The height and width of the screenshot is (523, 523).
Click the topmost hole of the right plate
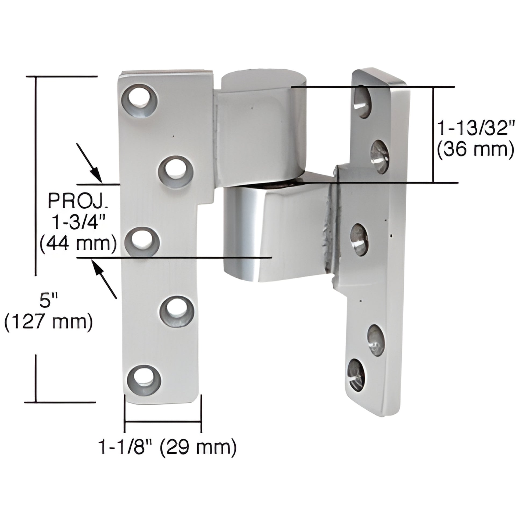[x=362, y=102]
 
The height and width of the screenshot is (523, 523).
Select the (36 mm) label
[x=475, y=149]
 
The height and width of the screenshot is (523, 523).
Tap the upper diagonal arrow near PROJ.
[x=89, y=162]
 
